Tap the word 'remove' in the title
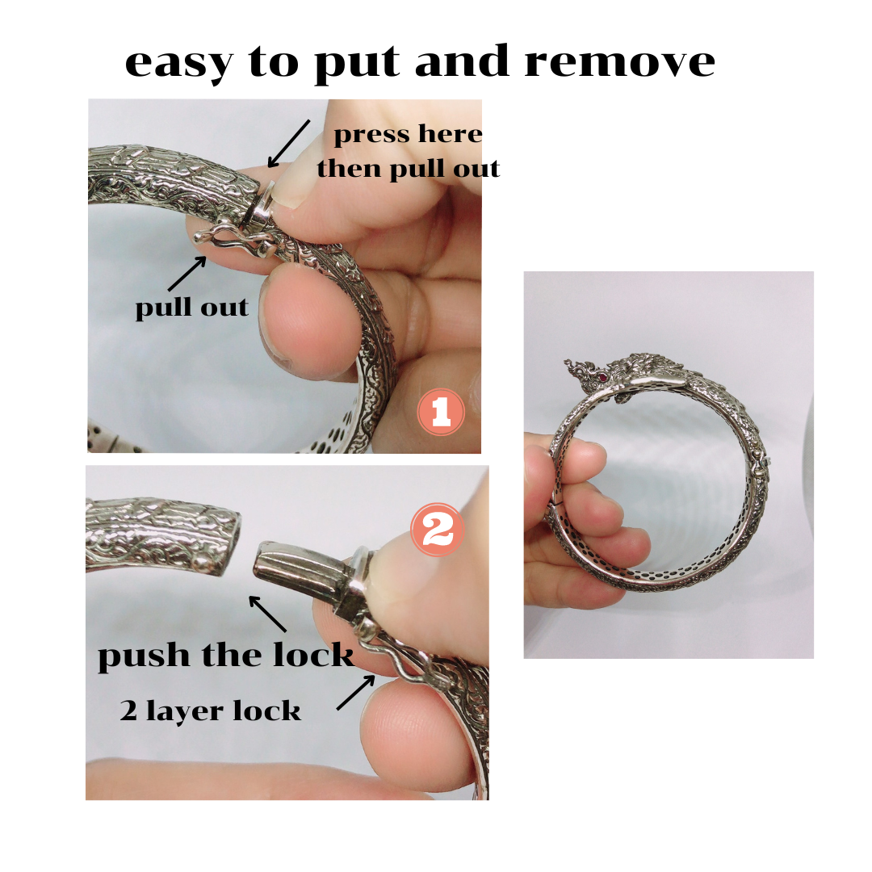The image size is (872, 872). [619, 61]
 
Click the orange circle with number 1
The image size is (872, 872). [441, 412]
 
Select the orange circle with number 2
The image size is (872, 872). [437, 530]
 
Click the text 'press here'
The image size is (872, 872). [408, 135]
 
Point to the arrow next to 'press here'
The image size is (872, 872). [288, 144]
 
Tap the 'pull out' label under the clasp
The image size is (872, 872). [192, 307]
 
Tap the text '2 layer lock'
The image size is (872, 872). [210, 711]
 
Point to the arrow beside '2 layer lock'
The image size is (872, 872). [356, 693]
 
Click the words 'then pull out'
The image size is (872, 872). [409, 169]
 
